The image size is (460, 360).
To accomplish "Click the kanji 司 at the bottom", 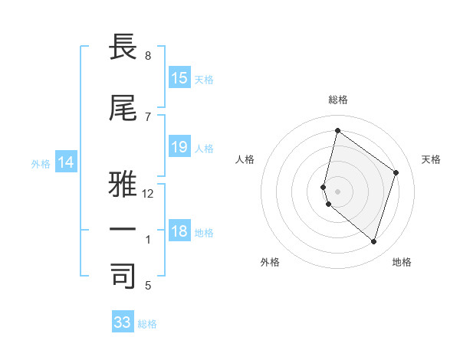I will pos(123,277).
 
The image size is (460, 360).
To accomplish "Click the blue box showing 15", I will pos(179,78).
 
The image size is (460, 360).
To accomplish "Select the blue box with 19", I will pos(179,147).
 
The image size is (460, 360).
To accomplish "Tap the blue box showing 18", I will pos(179,232).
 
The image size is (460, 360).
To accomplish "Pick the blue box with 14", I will pos(66,162).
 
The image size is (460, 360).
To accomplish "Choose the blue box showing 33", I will pos(123,322).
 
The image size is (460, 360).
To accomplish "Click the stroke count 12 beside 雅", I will pos(148,194).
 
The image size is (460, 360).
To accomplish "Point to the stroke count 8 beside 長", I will pos(148,56).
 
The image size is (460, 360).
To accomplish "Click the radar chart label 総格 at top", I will pos(338,100).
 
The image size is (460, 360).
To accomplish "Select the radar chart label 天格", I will pos(431,159).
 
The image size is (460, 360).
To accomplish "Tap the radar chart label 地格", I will pos(402,263).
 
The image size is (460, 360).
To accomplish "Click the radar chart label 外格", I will pos(270,263).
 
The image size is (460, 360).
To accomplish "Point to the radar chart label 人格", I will pos(245,159).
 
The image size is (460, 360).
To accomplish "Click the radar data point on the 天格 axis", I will pos(396,172).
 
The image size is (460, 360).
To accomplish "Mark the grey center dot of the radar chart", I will pos(338,191).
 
